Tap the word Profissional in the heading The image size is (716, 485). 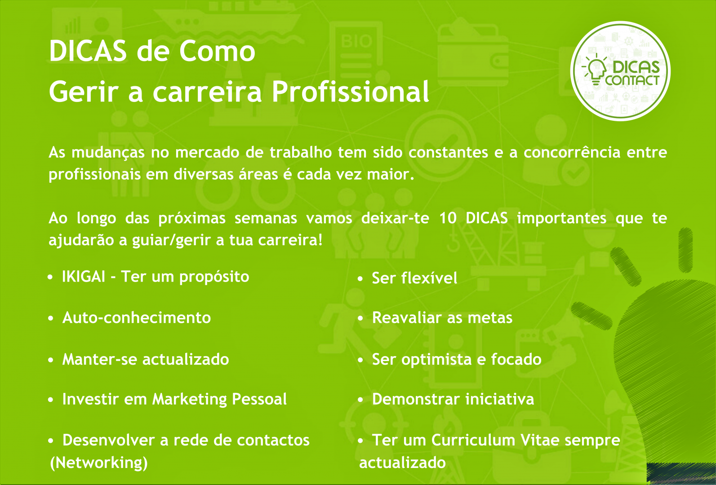pos(350,92)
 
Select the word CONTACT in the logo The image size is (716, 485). pos(632,80)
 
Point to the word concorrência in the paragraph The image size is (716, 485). pos(572,152)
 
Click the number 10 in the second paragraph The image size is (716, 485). pos(448,218)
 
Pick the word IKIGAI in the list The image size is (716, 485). pos(84,277)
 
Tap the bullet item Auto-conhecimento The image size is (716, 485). pos(137,317)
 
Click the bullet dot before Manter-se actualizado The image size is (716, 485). pos(50,360)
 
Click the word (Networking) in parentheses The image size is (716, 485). pos(99,463)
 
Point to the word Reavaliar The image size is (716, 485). pos(407,317)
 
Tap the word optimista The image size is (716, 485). pos(436,360)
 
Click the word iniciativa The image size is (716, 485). pos(500,399)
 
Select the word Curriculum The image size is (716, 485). pos(473,440)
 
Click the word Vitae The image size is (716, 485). pos(540,440)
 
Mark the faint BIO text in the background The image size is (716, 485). pos(356,41)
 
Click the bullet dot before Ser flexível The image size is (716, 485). pos(360,279)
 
